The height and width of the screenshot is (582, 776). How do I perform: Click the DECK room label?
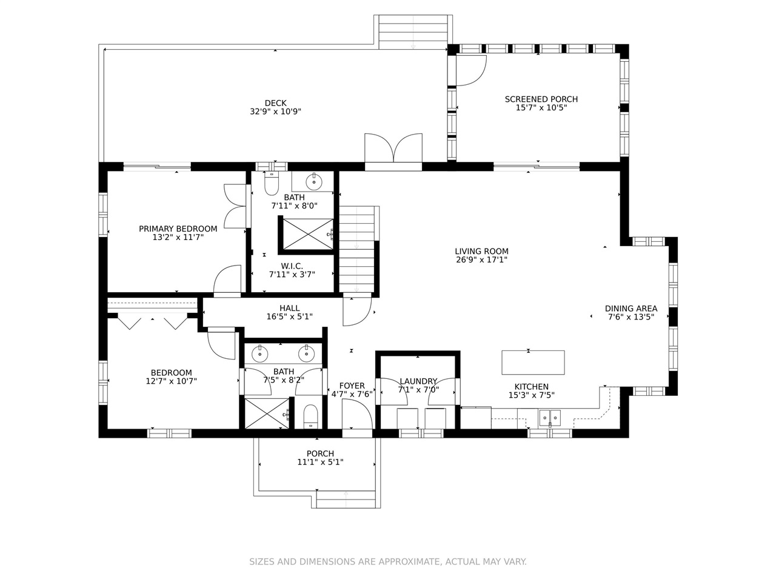coord(275,103)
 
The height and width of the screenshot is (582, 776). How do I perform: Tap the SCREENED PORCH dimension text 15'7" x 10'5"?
coord(541,108)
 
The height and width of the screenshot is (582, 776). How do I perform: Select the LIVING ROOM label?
coord(481,251)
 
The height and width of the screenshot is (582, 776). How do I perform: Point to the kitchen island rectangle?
coord(532,362)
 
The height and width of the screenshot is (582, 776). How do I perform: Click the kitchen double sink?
coord(549,418)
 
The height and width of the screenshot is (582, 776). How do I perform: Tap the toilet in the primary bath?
coord(271,183)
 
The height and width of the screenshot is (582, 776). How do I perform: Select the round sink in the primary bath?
coord(313,182)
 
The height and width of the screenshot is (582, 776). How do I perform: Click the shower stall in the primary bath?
coord(308,234)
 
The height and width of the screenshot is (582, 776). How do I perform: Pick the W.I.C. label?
coord(292,266)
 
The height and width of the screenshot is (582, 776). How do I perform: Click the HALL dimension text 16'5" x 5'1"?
coord(289,316)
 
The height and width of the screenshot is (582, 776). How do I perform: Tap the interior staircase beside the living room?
coord(356,249)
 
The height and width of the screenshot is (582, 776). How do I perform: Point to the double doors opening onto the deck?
coord(393,148)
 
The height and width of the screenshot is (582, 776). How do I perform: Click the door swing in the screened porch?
coord(471,70)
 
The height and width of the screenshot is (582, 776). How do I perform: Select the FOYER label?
coord(352,386)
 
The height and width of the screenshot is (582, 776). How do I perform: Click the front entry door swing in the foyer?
coord(357,414)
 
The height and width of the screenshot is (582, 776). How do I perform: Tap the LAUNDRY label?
coord(418,381)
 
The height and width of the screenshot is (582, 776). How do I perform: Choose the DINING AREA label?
coord(630,309)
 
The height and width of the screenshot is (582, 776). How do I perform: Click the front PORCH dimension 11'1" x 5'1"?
coord(320,462)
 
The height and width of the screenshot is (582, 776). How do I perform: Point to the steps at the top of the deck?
coord(413,32)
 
